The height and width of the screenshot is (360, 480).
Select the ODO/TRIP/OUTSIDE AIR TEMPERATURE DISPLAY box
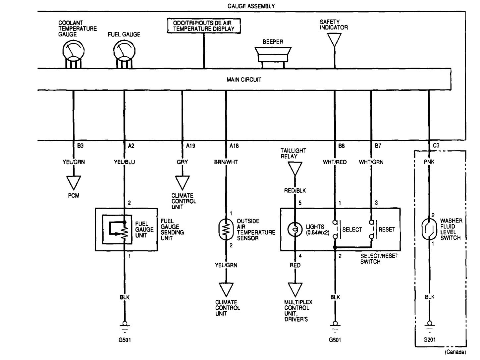204,26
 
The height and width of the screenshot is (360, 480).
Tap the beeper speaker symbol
273,55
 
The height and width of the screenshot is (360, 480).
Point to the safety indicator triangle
335,39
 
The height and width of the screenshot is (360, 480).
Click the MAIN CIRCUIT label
244,79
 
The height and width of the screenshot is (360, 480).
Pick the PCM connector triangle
74,182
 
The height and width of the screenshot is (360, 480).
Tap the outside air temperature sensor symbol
226,229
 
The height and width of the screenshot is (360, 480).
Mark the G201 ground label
429,339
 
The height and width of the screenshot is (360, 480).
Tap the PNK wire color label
429,162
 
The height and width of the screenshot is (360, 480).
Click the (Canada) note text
455,352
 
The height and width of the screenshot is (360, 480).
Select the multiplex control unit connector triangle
294,289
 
